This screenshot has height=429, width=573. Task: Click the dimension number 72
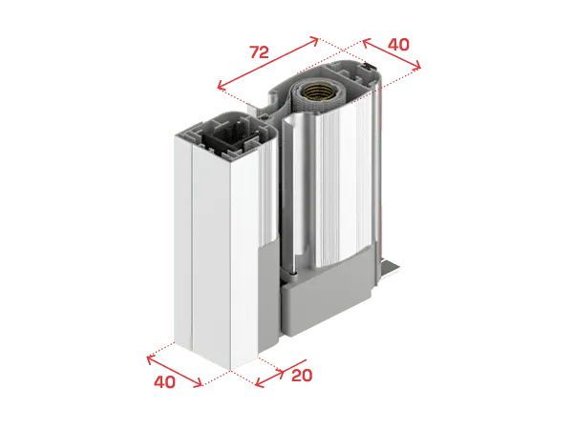coord(259,52)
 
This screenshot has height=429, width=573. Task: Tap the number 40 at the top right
coord(398,45)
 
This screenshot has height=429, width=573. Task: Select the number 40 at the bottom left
coord(164,382)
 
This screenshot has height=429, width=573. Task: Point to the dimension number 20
coord(302,376)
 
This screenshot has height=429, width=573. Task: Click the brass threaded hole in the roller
coord(318,92)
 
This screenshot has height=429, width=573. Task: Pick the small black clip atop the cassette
coord(370,66)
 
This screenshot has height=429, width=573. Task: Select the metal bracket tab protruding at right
coord(391,269)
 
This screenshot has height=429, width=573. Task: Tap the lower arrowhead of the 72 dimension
coord(221,86)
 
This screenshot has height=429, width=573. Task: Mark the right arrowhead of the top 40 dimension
coord(417,65)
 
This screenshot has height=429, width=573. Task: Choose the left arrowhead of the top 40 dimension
coord(366,42)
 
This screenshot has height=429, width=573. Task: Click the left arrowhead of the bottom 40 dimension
coord(150,359)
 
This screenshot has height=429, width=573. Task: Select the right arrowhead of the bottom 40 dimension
coord(199,383)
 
